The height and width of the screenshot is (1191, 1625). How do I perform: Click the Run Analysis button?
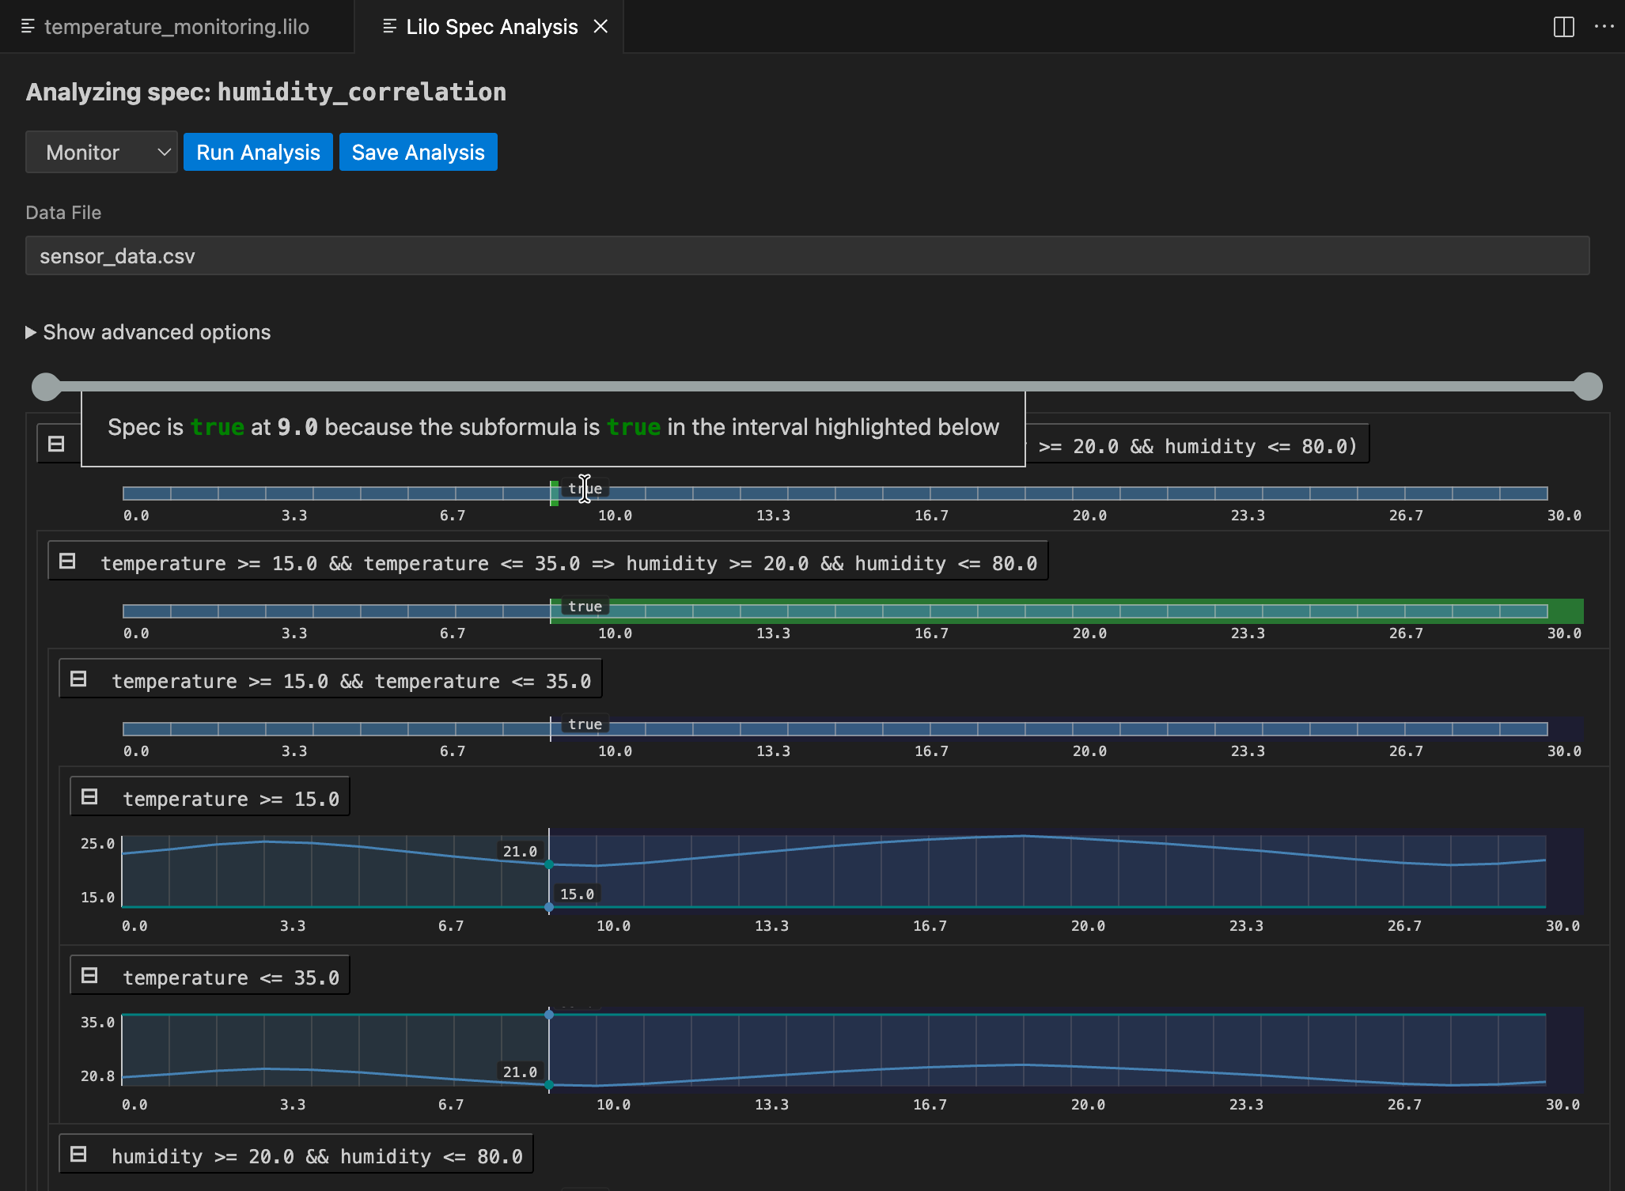258,153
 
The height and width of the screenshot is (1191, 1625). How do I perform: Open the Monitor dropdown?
101,153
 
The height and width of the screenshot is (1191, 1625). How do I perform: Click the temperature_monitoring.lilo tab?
176,27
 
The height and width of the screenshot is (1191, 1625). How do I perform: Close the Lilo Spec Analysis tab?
601,27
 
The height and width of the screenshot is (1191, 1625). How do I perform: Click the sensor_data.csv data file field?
807,256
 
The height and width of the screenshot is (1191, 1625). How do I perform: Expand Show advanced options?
149,332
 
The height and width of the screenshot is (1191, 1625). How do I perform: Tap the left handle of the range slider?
46,387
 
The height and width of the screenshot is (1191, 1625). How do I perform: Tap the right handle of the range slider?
1587,387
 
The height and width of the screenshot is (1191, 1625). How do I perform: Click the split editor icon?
1563,27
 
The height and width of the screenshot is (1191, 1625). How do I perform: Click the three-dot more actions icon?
1604,27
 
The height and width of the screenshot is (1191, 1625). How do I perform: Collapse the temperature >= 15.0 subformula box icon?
90,797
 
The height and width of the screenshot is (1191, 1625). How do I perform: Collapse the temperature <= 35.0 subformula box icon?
90,976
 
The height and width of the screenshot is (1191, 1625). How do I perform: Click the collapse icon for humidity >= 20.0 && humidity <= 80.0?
78,1155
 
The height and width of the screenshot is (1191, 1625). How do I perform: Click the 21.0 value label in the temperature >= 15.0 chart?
520,852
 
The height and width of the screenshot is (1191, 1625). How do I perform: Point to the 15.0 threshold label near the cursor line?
577,894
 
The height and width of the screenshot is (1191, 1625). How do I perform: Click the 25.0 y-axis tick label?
97,844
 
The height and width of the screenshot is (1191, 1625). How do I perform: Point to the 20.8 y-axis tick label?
97,1076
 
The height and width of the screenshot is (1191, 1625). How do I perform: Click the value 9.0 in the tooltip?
297,427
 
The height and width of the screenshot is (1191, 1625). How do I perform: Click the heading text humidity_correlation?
362,93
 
